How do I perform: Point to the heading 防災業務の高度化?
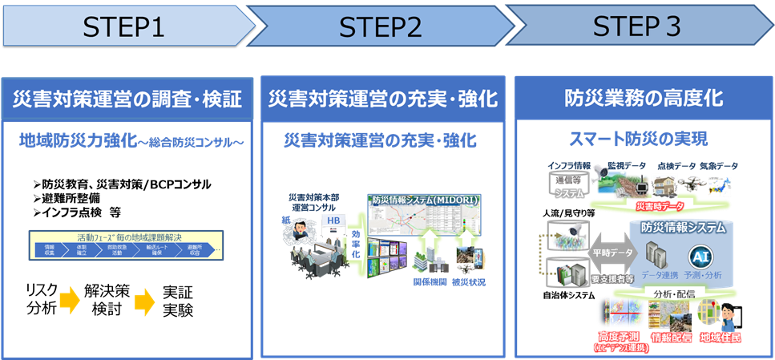click(x=644, y=99)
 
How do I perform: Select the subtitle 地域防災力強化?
click(x=76, y=142)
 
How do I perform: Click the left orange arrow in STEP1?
click(x=70, y=301)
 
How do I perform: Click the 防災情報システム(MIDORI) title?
click(x=426, y=200)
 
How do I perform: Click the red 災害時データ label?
click(x=660, y=206)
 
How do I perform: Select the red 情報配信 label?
click(x=672, y=338)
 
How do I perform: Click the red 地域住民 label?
click(x=719, y=338)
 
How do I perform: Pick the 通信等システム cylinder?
click(x=568, y=184)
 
